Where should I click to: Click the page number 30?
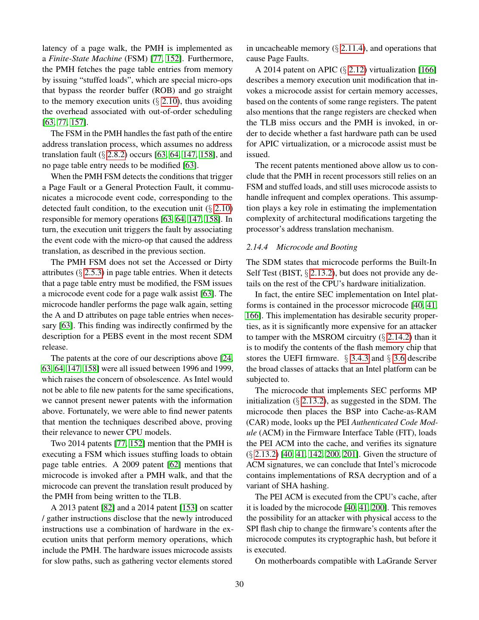239,584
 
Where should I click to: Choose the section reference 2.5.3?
93,273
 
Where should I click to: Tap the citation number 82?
108,508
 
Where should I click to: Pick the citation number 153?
189,508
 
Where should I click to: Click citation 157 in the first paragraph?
77,122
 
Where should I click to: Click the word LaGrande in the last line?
394,561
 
